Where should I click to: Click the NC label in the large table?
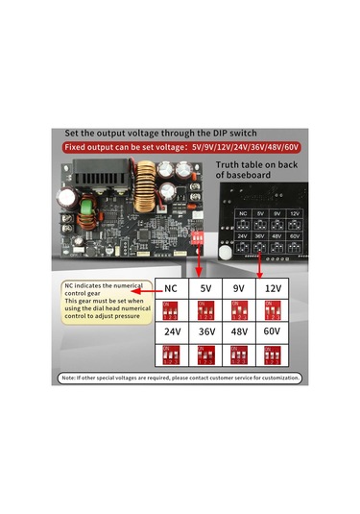pos(171,287)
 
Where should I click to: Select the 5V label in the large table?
pos(205,287)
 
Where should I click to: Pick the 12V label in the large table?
pos(274,287)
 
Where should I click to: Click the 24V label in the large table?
pos(172,331)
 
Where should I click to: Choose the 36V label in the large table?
pos(205,331)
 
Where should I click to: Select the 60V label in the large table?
pos(274,331)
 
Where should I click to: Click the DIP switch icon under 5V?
pos(205,309)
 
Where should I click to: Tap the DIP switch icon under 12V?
pos(274,309)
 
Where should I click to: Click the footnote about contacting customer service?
pos(180,379)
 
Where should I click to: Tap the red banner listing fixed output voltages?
pos(180,147)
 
